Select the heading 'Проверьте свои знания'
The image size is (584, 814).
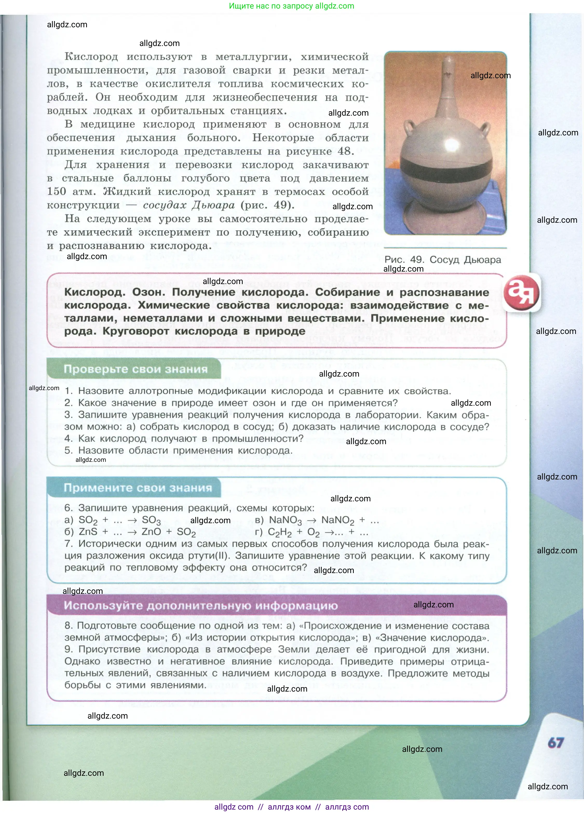[x=135, y=369]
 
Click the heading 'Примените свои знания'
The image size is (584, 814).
[x=138, y=488]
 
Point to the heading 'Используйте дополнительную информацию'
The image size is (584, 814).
[x=201, y=606]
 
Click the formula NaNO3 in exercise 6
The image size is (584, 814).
[x=285, y=520]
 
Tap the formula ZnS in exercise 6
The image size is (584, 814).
[x=88, y=532]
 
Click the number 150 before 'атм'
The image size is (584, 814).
[x=56, y=191]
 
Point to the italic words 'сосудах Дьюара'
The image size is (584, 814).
[x=189, y=205]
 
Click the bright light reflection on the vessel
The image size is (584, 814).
[x=450, y=145]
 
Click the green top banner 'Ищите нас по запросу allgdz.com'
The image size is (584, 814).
[x=291, y=6]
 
